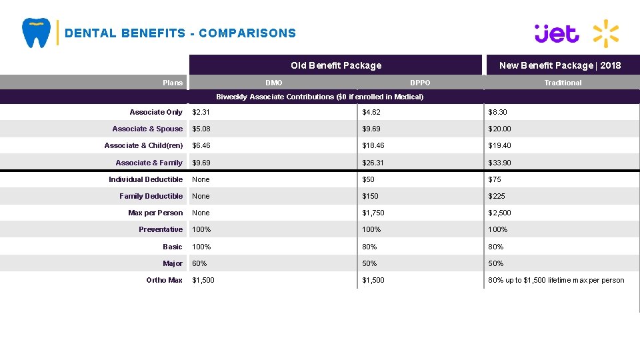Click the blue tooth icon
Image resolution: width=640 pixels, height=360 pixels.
pyautogui.click(x=36, y=33)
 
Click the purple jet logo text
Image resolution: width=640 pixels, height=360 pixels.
pyautogui.click(x=557, y=33)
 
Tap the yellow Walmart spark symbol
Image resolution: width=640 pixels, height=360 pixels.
pyautogui.click(x=605, y=33)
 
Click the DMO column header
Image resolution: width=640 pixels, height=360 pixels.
pyautogui.click(x=273, y=83)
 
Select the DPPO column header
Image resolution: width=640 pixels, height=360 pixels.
pyautogui.click(x=420, y=83)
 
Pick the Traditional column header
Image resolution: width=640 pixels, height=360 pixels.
pyautogui.click(x=563, y=83)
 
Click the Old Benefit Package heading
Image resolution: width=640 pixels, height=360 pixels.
pyautogui.click(x=336, y=65)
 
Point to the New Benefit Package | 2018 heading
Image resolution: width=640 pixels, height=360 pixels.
pyautogui.click(x=560, y=65)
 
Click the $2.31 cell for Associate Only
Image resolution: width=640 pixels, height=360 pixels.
pyautogui.click(x=201, y=112)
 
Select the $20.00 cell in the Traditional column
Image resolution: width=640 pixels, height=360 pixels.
pyautogui.click(x=499, y=129)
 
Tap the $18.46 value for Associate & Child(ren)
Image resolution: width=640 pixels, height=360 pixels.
pyautogui.click(x=373, y=145)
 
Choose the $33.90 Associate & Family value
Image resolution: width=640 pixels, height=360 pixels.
pyautogui.click(x=499, y=163)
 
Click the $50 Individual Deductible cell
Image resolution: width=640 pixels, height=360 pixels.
pyautogui.click(x=368, y=179)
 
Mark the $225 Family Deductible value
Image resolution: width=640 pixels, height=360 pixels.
pyautogui.click(x=497, y=196)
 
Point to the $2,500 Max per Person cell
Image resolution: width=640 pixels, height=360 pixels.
pyautogui.click(x=499, y=213)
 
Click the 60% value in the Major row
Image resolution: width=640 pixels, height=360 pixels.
pyautogui.click(x=199, y=263)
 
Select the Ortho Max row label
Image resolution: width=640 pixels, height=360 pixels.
pyautogui.click(x=164, y=280)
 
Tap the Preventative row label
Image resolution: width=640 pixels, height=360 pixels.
pyautogui.click(x=160, y=229)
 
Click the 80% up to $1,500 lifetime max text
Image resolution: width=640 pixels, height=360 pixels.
pyautogui.click(x=556, y=280)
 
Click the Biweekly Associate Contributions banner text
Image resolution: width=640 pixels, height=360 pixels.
pyautogui.click(x=319, y=97)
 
